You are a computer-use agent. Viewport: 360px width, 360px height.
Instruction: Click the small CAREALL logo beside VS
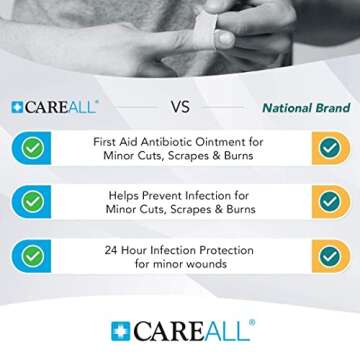tap(55, 107)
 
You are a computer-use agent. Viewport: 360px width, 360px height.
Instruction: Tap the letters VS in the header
tap(180, 107)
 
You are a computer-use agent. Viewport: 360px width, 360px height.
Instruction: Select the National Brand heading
tap(306, 107)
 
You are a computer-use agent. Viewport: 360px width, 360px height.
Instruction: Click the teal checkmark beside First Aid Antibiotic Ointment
tap(33, 149)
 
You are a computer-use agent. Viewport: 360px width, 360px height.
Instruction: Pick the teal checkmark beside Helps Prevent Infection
tap(33, 202)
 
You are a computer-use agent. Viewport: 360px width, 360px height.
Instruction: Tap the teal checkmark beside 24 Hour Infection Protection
tap(33, 256)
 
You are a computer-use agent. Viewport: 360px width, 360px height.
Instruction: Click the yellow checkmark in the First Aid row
tap(329, 149)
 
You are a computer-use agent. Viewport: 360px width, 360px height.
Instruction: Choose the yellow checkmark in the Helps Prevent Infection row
tap(329, 202)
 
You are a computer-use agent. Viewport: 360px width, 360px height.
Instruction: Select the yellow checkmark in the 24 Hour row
tap(329, 256)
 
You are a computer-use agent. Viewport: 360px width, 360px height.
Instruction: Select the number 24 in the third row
tap(112, 249)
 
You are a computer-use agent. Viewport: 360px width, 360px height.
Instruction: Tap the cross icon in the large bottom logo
tap(120, 331)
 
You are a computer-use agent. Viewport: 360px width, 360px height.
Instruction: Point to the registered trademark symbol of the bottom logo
tap(253, 322)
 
